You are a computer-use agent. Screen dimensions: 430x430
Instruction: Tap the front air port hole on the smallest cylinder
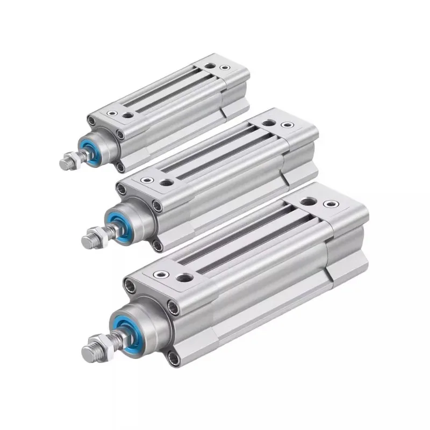[x=128, y=114]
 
